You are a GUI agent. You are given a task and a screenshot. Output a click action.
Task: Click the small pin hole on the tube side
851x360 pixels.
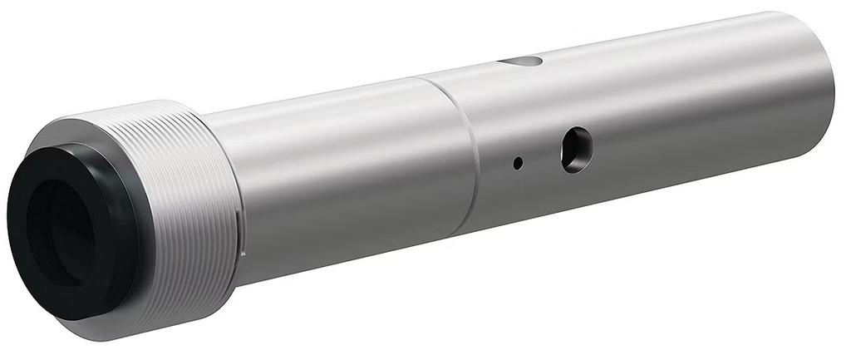click(518, 164)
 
